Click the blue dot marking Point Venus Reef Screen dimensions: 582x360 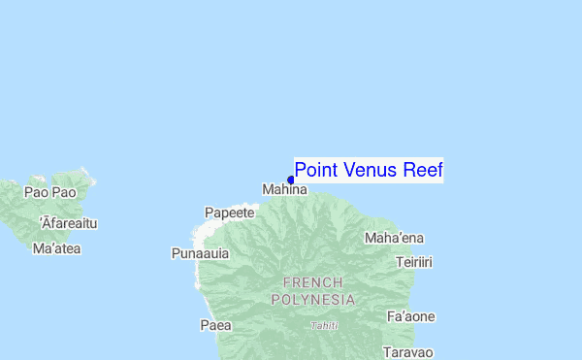[291, 180]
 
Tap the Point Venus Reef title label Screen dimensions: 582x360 [369, 171]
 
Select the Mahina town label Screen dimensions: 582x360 [284, 190]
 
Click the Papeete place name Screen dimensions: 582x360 [230, 213]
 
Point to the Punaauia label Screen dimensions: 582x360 [200, 253]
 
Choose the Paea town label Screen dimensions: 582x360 [215, 325]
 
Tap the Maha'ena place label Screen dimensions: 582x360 [393, 238]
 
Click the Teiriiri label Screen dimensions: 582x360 [414, 262]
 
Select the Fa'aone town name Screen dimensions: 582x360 [410, 316]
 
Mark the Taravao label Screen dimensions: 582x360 [407, 351]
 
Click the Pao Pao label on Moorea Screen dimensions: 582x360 [50, 192]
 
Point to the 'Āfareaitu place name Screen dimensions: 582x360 [69, 223]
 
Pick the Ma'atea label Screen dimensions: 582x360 [56, 248]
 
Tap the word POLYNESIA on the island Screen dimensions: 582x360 [312, 300]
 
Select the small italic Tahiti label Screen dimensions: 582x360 [324, 326]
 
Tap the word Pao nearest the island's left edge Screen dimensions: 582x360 [36, 192]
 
